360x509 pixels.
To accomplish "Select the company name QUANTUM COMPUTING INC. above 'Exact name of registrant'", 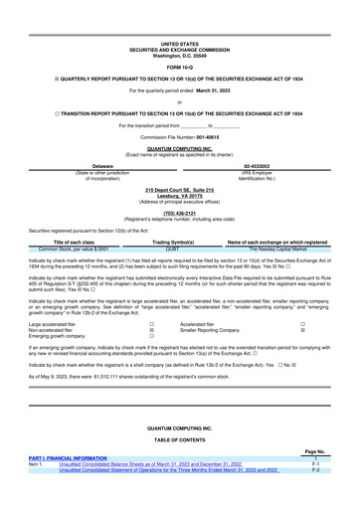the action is coord(180,148).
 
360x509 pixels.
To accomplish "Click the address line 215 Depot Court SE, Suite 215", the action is coord(180,189).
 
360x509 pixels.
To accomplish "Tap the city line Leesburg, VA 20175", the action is coord(180,195).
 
